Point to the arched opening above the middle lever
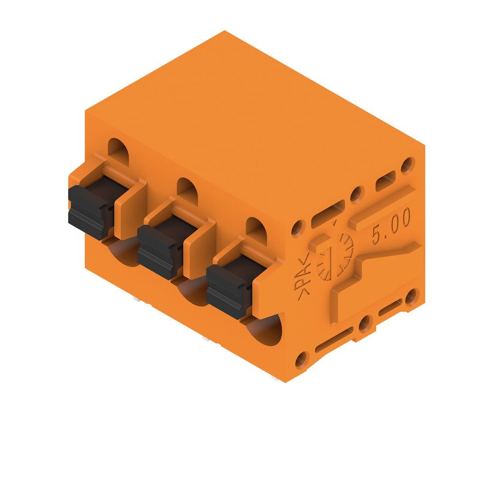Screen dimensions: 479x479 (187, 190)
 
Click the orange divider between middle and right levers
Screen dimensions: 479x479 (200, 248)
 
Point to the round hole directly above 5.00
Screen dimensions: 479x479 (409, 163)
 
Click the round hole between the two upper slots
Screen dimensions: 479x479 (357, 193)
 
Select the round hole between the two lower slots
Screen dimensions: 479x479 (363, 325)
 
